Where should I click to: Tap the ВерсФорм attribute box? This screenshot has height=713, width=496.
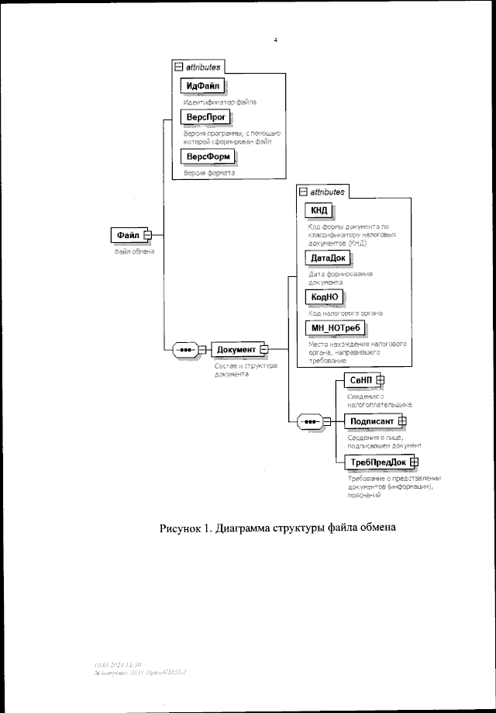point(207,157)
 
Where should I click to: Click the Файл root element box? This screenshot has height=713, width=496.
point(128,234)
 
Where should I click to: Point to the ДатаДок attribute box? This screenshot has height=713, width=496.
point(328,258)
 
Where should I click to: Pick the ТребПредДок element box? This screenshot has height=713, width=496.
point(377,462)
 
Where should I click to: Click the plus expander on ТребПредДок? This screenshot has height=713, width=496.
point(414,462)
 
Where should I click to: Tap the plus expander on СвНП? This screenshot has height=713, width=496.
point(381,379)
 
